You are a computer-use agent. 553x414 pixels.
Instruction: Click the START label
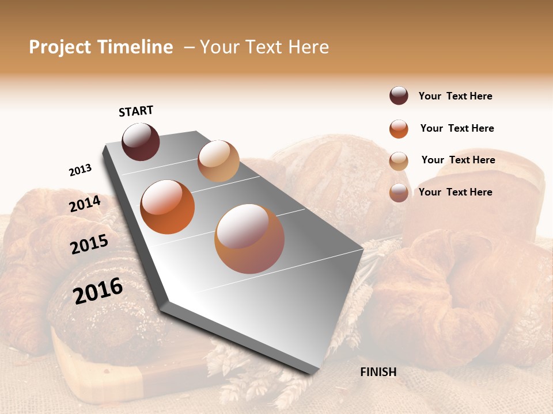[x=136, y=111]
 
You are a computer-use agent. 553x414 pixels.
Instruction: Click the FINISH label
[x=378, y=372]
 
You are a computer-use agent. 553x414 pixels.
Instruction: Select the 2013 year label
[x=80, y=170]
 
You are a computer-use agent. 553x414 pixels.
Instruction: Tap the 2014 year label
[x=85, y=204]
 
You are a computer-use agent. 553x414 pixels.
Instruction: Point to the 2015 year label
[x=89, y=244]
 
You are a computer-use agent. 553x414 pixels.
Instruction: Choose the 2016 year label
[x=98, y=290]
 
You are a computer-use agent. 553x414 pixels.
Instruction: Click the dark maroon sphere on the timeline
[x=141, y=141]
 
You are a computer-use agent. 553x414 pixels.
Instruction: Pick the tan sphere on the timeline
[x=218, y=161]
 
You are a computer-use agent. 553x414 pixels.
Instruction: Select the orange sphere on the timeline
[x=167, y=207]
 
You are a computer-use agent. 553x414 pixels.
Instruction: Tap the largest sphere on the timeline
[x=249, y=239]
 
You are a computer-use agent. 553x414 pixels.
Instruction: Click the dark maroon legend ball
[x=399, y=96]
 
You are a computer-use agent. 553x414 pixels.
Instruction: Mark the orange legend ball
[x=399, y=129]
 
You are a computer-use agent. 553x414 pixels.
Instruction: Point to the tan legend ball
[x=399, y=161]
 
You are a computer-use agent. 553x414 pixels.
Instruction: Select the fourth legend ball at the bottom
[x=399, y=193]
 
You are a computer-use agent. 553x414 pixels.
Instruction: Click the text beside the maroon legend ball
[x=455, y=96]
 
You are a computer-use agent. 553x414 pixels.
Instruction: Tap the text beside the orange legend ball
[x=457, y=128]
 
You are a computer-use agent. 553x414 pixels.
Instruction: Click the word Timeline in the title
[x=135, y=47]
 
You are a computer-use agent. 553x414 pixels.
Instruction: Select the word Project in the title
[x=59, y=47]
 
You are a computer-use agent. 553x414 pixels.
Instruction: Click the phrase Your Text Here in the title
[x=264, y=47]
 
